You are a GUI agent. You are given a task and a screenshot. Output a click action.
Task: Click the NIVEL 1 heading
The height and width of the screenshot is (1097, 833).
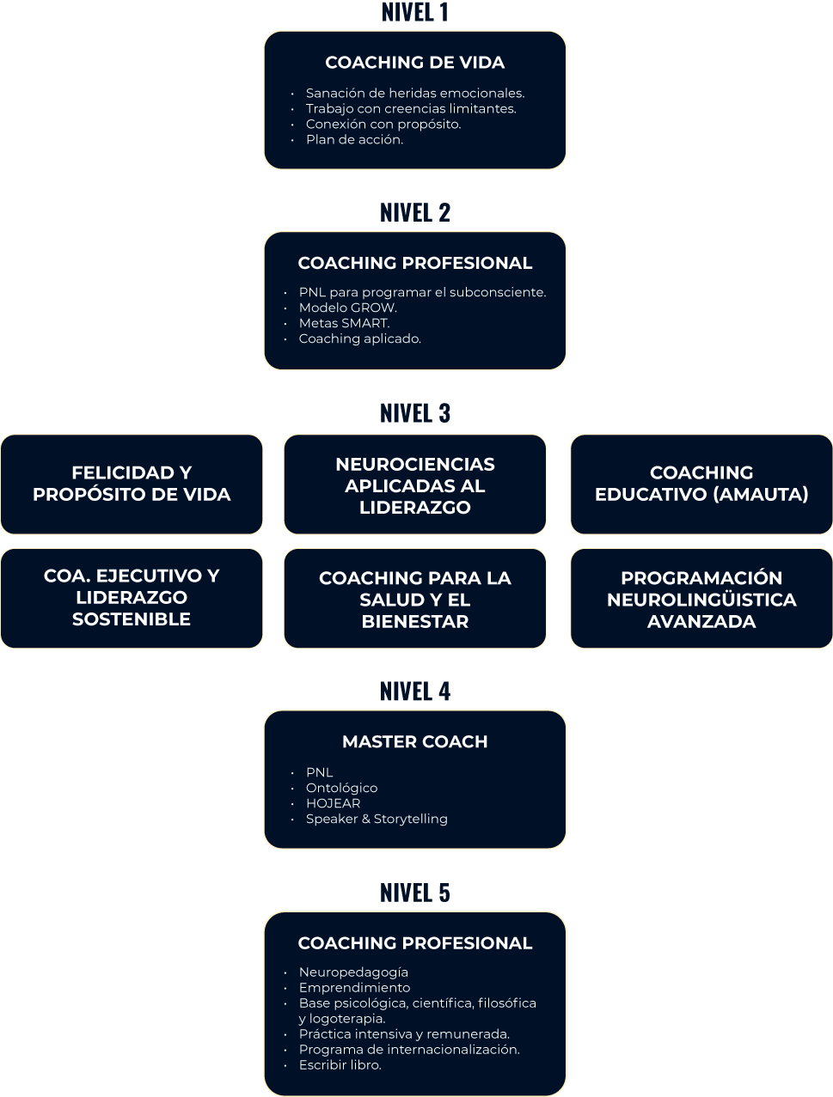click(x=415, y=12)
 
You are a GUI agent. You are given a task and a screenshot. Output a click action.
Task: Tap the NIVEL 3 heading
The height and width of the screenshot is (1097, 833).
click(x=415, y=413)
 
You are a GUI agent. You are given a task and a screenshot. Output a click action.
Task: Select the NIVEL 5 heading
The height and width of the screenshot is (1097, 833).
click(x=415, y=893)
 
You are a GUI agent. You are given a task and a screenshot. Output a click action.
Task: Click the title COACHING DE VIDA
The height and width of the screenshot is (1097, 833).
click(x=415, y=63)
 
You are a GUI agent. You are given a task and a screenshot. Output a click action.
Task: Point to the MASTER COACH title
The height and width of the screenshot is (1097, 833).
click(x=415, y=741)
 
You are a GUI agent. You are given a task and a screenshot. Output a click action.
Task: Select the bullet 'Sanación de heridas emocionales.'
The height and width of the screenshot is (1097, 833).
click(x=415, y=93)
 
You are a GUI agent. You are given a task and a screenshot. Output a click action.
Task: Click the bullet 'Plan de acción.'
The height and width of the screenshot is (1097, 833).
click(x=354, y=139)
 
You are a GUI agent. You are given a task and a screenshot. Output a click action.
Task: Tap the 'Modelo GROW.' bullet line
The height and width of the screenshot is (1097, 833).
click(x=348, y=308)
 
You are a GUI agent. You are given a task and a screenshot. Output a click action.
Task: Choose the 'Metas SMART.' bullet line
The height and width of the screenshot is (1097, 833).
click(x=344, y=323)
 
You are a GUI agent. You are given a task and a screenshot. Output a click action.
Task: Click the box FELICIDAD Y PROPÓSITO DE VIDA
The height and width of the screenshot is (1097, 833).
click(x=132, y=484)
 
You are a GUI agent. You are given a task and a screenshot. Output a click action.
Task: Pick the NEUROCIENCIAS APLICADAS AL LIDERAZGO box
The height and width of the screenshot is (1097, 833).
click(x=415, y=484)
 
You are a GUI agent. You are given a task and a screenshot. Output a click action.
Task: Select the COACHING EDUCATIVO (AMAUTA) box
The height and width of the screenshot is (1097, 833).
click(x=701, y=484)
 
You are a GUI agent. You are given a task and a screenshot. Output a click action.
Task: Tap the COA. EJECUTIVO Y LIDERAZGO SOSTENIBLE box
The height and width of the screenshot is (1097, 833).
click(x=132, y=598)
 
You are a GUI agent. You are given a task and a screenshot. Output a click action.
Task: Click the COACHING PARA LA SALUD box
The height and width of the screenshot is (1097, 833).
click(x=415, y=598)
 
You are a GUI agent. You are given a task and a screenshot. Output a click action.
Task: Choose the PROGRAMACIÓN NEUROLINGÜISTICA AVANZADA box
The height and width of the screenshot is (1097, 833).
click(x=701, y=598)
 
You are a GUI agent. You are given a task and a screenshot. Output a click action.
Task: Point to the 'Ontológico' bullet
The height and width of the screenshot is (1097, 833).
click(x=341, y=788)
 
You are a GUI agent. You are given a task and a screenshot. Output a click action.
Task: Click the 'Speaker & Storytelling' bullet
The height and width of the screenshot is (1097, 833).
click(x=377, y=819)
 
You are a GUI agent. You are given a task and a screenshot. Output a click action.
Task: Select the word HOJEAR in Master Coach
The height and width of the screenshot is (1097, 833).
click(x=333, y=803)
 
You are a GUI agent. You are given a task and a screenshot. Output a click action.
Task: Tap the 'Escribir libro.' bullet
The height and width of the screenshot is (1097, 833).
click(x=340, y=1064)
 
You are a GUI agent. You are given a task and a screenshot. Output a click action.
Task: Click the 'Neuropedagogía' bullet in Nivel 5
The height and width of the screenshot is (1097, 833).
click(x=353, y=972)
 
